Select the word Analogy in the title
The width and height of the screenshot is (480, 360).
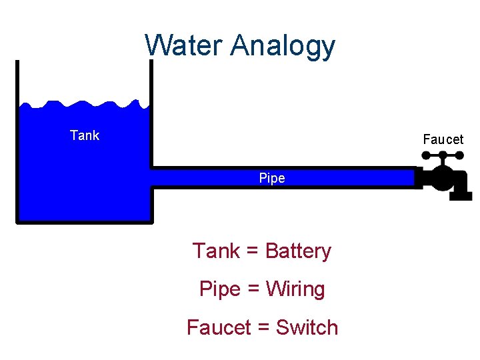click(x=283, y=47)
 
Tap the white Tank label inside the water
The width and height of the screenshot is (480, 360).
click(x=85, y=135)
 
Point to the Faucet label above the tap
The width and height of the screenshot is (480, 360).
click(x=443, y=139)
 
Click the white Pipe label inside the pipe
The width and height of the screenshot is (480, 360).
click(x=272, y=178)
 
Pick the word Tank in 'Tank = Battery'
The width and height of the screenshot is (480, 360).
click(x=216, y=251)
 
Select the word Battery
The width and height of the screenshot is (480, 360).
click(x=298, y=251)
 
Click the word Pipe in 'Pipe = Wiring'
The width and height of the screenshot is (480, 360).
click(x=219, y=289)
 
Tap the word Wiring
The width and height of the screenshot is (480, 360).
click(x=295, y=290)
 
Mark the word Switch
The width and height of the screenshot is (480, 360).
click(x=307, y=327)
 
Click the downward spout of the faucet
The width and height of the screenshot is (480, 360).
click(x=461, y=193)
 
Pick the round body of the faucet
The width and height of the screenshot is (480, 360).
click(x=441, y=179)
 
